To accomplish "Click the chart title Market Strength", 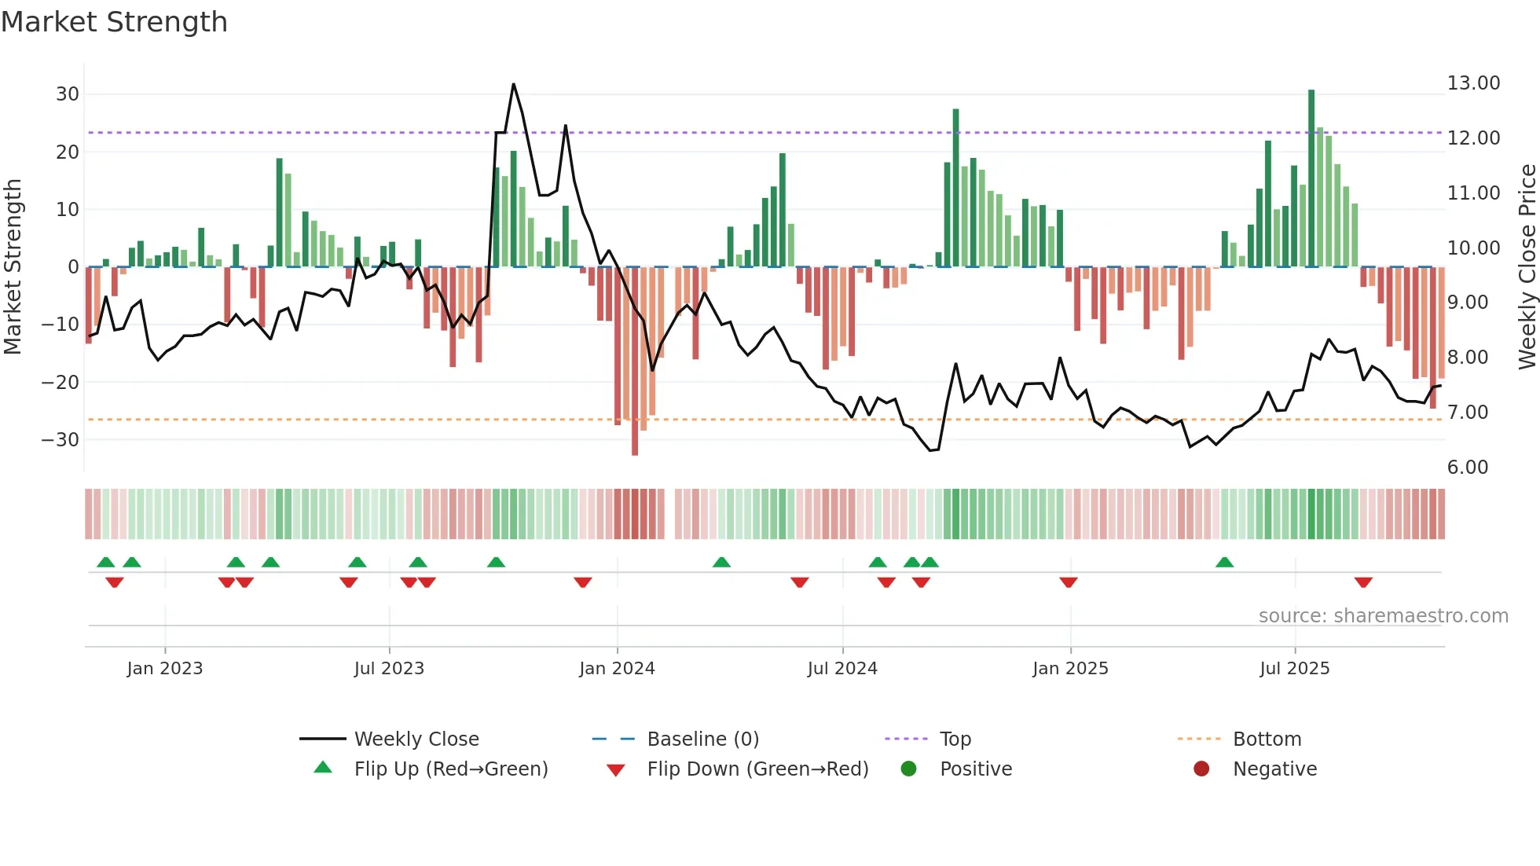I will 114,22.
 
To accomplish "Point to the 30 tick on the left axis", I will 68,94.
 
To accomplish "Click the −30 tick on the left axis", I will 60,440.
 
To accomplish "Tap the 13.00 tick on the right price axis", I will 1473,83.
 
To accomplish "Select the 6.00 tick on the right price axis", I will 1467,468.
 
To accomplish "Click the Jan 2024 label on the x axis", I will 617,669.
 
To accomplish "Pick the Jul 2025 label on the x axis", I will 1294,669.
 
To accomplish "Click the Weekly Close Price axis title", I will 1527,267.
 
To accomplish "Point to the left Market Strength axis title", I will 13,267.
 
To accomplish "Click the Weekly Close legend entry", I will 416,739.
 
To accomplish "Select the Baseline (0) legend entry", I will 702,739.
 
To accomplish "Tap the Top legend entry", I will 955,739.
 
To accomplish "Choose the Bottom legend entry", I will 1267,739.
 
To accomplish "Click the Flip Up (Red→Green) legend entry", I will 450,769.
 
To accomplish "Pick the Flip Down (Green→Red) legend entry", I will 757,769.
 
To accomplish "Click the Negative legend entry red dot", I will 1201,769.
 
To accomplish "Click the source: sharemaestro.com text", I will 1383,616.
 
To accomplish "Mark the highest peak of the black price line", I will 513,84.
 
